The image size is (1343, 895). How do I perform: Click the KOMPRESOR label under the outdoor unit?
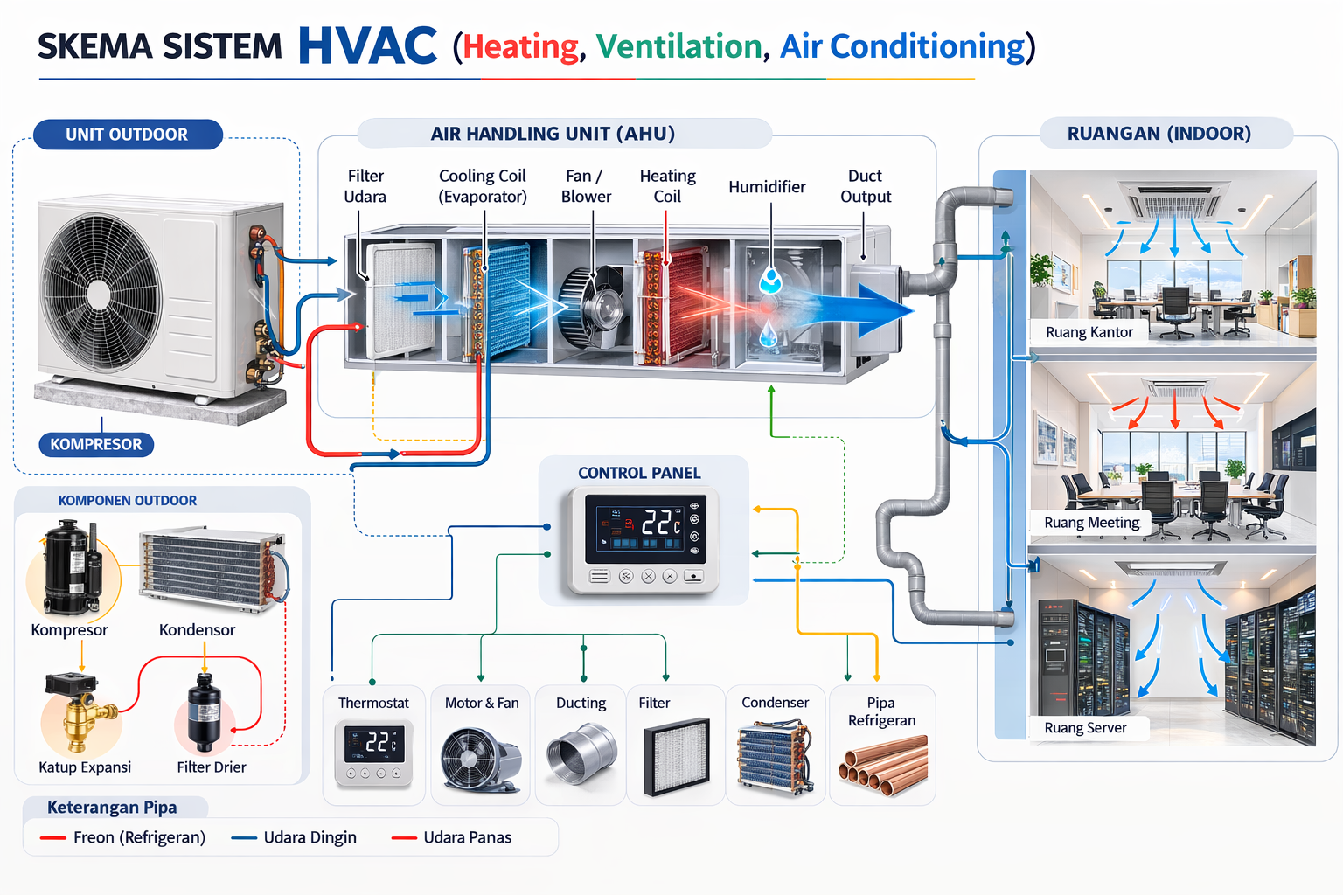pos(96,444)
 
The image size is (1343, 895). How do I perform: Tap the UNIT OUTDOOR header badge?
pos(127,135)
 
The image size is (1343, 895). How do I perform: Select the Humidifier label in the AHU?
pos(767,187)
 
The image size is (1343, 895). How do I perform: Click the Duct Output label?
pos(866,186)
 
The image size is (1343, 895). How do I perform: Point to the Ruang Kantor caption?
pos(1089,332)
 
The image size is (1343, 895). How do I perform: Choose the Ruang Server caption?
pos(1085,728)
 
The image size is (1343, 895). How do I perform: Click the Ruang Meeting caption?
pos(1092,523)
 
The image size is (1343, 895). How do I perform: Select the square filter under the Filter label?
pos(676,756)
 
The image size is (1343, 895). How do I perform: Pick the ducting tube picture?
pos(581,753)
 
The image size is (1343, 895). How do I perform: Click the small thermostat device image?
pos(373,752)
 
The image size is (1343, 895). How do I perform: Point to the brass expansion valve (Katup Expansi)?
pos(80,712)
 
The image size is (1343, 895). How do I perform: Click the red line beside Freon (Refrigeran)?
pos(53,838)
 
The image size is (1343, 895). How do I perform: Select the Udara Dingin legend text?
pos(310,837)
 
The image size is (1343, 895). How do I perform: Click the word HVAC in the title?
pos(367,46)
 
